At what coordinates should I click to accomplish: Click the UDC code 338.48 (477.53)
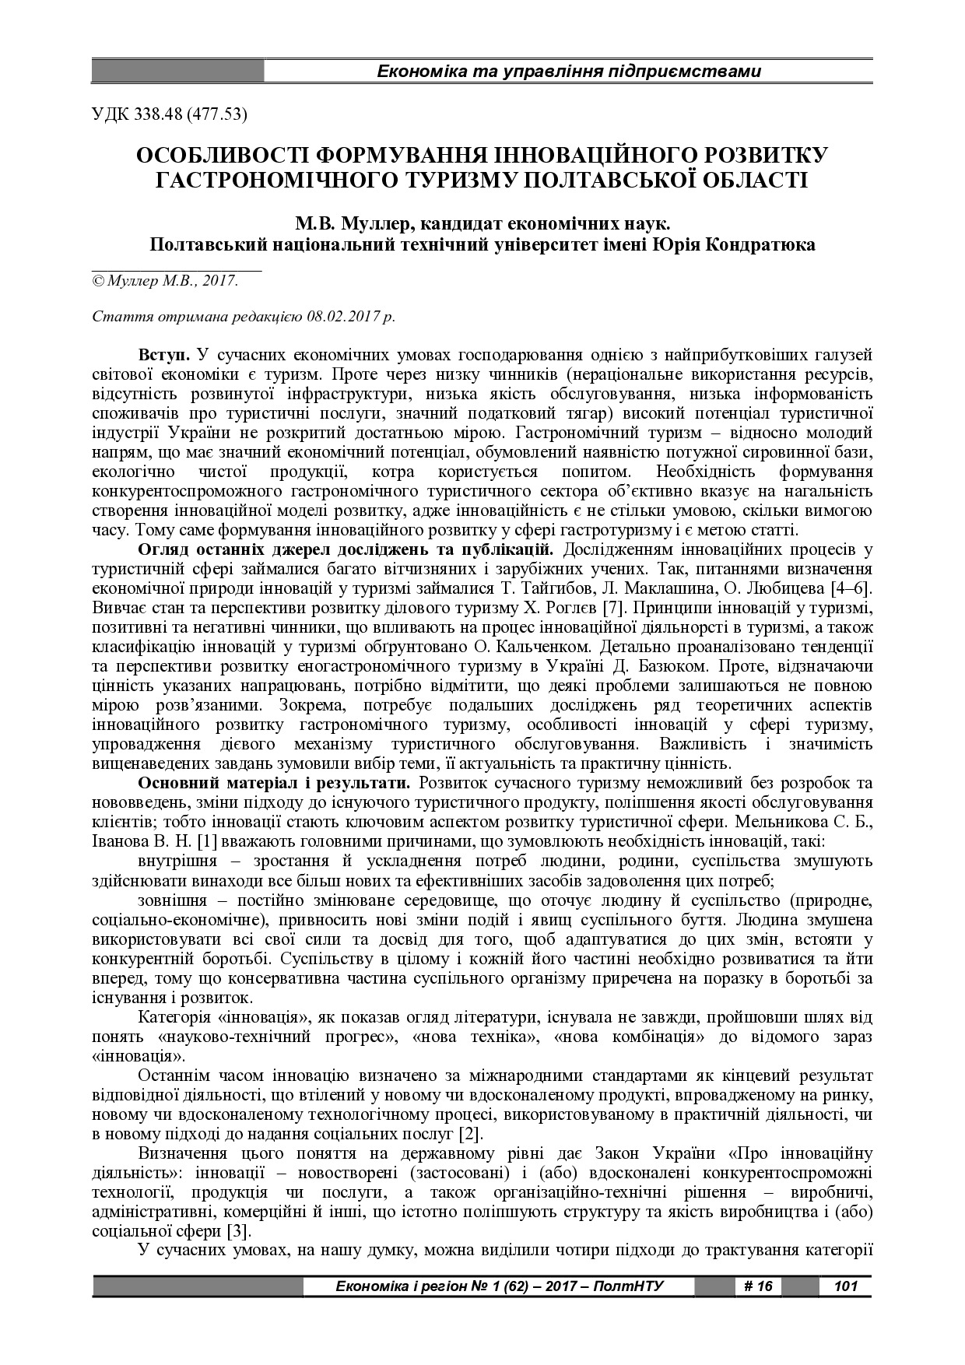(170, 114)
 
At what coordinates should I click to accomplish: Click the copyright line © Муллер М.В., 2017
(165, 281)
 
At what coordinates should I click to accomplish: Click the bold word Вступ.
(164, 355)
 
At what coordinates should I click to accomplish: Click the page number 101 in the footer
(845, 1286)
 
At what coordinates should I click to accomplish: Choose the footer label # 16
(758, 1286)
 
